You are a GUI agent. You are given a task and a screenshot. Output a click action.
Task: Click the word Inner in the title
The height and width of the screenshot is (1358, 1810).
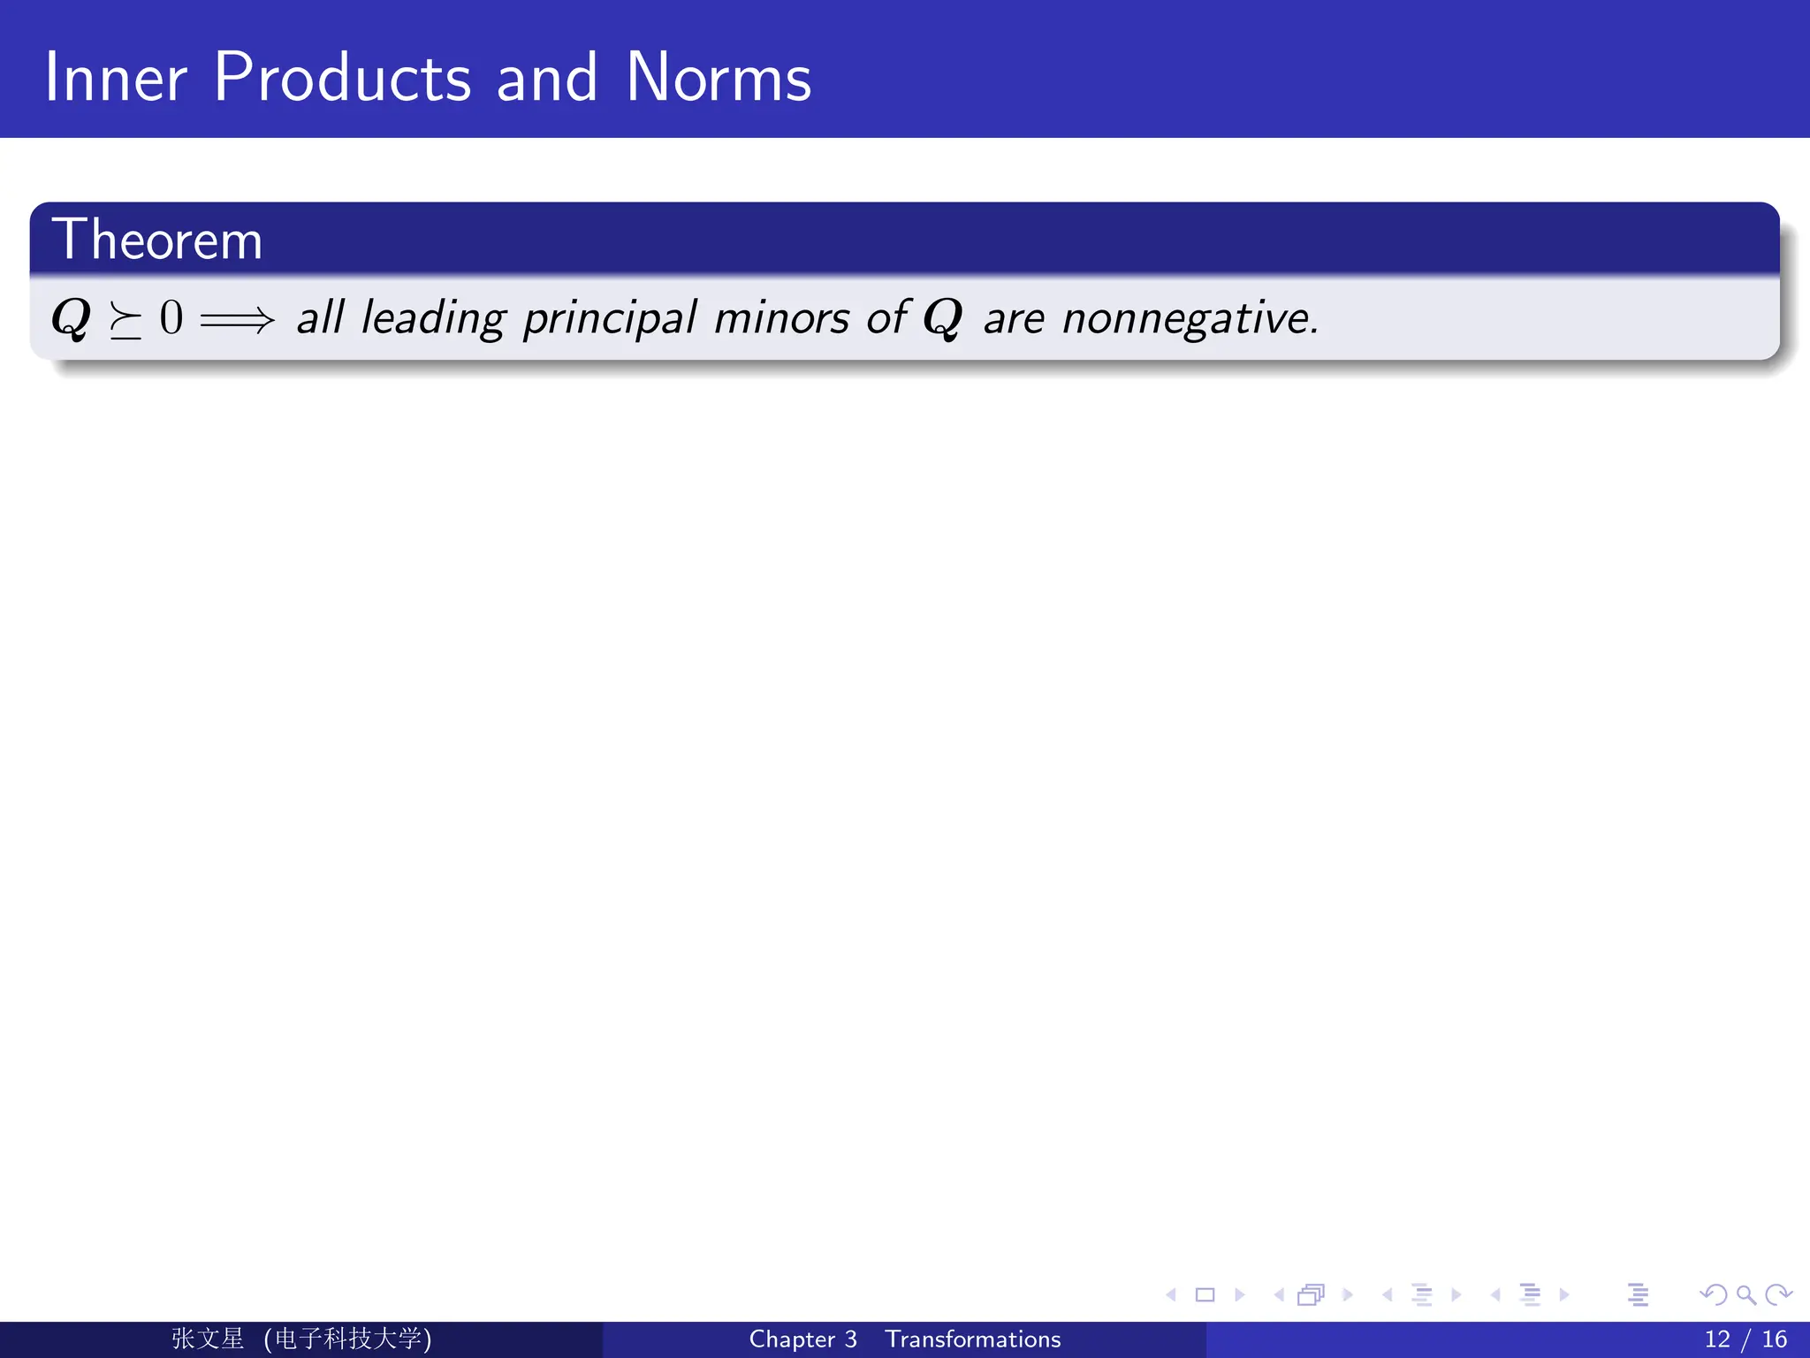point(116,78)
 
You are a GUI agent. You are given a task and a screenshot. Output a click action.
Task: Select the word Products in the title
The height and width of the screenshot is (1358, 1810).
point(342,78)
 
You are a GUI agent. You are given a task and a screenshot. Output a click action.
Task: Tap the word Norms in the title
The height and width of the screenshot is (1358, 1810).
point(718,78)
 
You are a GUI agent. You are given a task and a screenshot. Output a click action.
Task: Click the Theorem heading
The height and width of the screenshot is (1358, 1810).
point(157,240)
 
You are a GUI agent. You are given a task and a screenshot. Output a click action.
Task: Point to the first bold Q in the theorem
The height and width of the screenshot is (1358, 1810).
point(72,318)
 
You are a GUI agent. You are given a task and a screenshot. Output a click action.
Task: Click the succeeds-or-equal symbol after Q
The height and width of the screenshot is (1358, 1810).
point(125,320)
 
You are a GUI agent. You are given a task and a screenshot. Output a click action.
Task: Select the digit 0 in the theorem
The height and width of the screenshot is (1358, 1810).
point(171,317)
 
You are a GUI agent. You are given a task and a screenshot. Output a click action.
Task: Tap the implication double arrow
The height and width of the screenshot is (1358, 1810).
point(238,319)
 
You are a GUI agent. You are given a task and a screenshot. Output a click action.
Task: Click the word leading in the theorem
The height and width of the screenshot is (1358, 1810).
point(433,318)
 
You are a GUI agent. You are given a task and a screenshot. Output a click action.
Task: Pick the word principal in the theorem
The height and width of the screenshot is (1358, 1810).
point(610,318)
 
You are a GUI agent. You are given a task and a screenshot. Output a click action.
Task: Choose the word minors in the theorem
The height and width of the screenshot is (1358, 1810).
point(781,317)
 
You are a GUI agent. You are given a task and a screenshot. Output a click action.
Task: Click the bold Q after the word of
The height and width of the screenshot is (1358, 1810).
point(942,318)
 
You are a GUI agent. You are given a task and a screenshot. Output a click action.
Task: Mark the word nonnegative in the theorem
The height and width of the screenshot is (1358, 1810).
point(1190,318)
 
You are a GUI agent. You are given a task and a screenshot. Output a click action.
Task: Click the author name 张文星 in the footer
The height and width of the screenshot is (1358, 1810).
point(208,1339)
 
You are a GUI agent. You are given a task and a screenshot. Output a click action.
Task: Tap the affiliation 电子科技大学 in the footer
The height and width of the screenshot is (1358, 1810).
point(347,1339)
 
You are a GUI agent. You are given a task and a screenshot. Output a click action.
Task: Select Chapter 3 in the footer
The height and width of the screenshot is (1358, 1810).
point(802,1339)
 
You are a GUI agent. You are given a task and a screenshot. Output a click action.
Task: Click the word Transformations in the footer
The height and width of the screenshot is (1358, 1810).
point(973,1339)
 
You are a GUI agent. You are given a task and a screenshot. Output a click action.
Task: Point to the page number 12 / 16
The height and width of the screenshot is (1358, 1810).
point(1745,1339)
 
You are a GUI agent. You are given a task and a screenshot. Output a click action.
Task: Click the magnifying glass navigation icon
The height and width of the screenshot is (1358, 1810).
point(1745,1295)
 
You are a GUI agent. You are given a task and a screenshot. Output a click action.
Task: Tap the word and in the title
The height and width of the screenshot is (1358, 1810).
point(546,78)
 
